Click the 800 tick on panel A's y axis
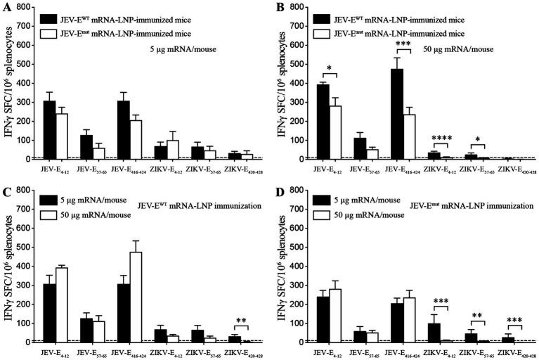30,7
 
